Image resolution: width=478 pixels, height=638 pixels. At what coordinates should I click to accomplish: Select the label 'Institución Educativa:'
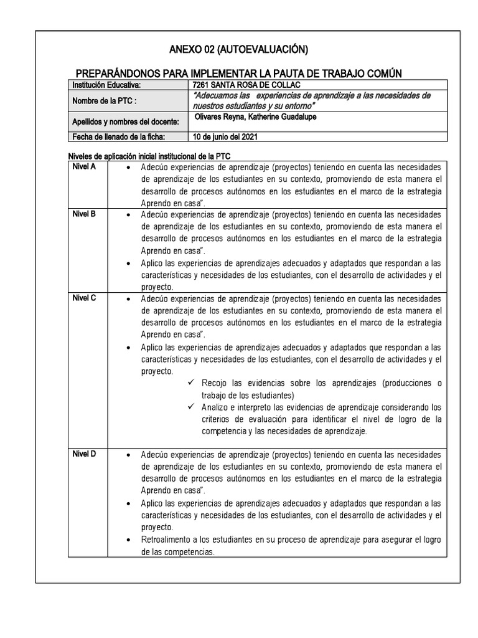(107, 85)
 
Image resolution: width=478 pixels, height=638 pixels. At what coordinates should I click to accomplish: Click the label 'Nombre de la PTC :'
(104, 101)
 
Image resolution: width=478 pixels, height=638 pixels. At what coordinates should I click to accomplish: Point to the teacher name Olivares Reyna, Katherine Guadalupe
(255, 118)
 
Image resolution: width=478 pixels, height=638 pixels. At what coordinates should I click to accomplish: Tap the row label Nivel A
(84, 166)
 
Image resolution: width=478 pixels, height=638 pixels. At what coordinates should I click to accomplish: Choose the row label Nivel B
(84, 214)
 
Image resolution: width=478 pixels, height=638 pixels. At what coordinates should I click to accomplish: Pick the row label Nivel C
(84, 298)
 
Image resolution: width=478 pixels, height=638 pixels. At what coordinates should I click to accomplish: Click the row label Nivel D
(84, 454)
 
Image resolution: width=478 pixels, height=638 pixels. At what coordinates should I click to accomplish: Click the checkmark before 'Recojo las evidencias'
(191, 383)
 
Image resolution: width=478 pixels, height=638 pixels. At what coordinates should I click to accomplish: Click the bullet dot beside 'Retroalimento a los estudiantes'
(128, 540)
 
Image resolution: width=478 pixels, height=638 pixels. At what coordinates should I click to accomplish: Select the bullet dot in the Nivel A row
(128, 168)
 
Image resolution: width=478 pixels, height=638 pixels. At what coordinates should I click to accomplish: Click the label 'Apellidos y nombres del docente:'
(125, 121)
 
